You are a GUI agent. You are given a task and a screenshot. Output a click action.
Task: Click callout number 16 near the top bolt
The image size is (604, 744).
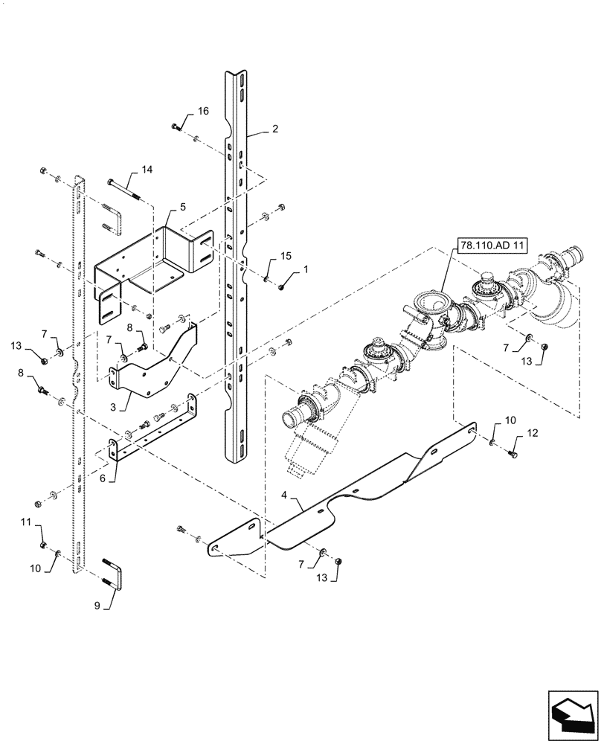[203, 111]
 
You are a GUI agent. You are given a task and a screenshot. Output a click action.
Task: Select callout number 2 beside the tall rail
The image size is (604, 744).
[274, 129]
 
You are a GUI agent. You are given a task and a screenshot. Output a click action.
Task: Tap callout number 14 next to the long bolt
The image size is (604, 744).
[147, 170]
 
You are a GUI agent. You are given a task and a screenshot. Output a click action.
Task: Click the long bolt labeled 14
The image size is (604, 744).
[124, 190]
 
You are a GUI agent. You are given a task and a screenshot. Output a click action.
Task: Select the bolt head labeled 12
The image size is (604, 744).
[513, 453]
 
